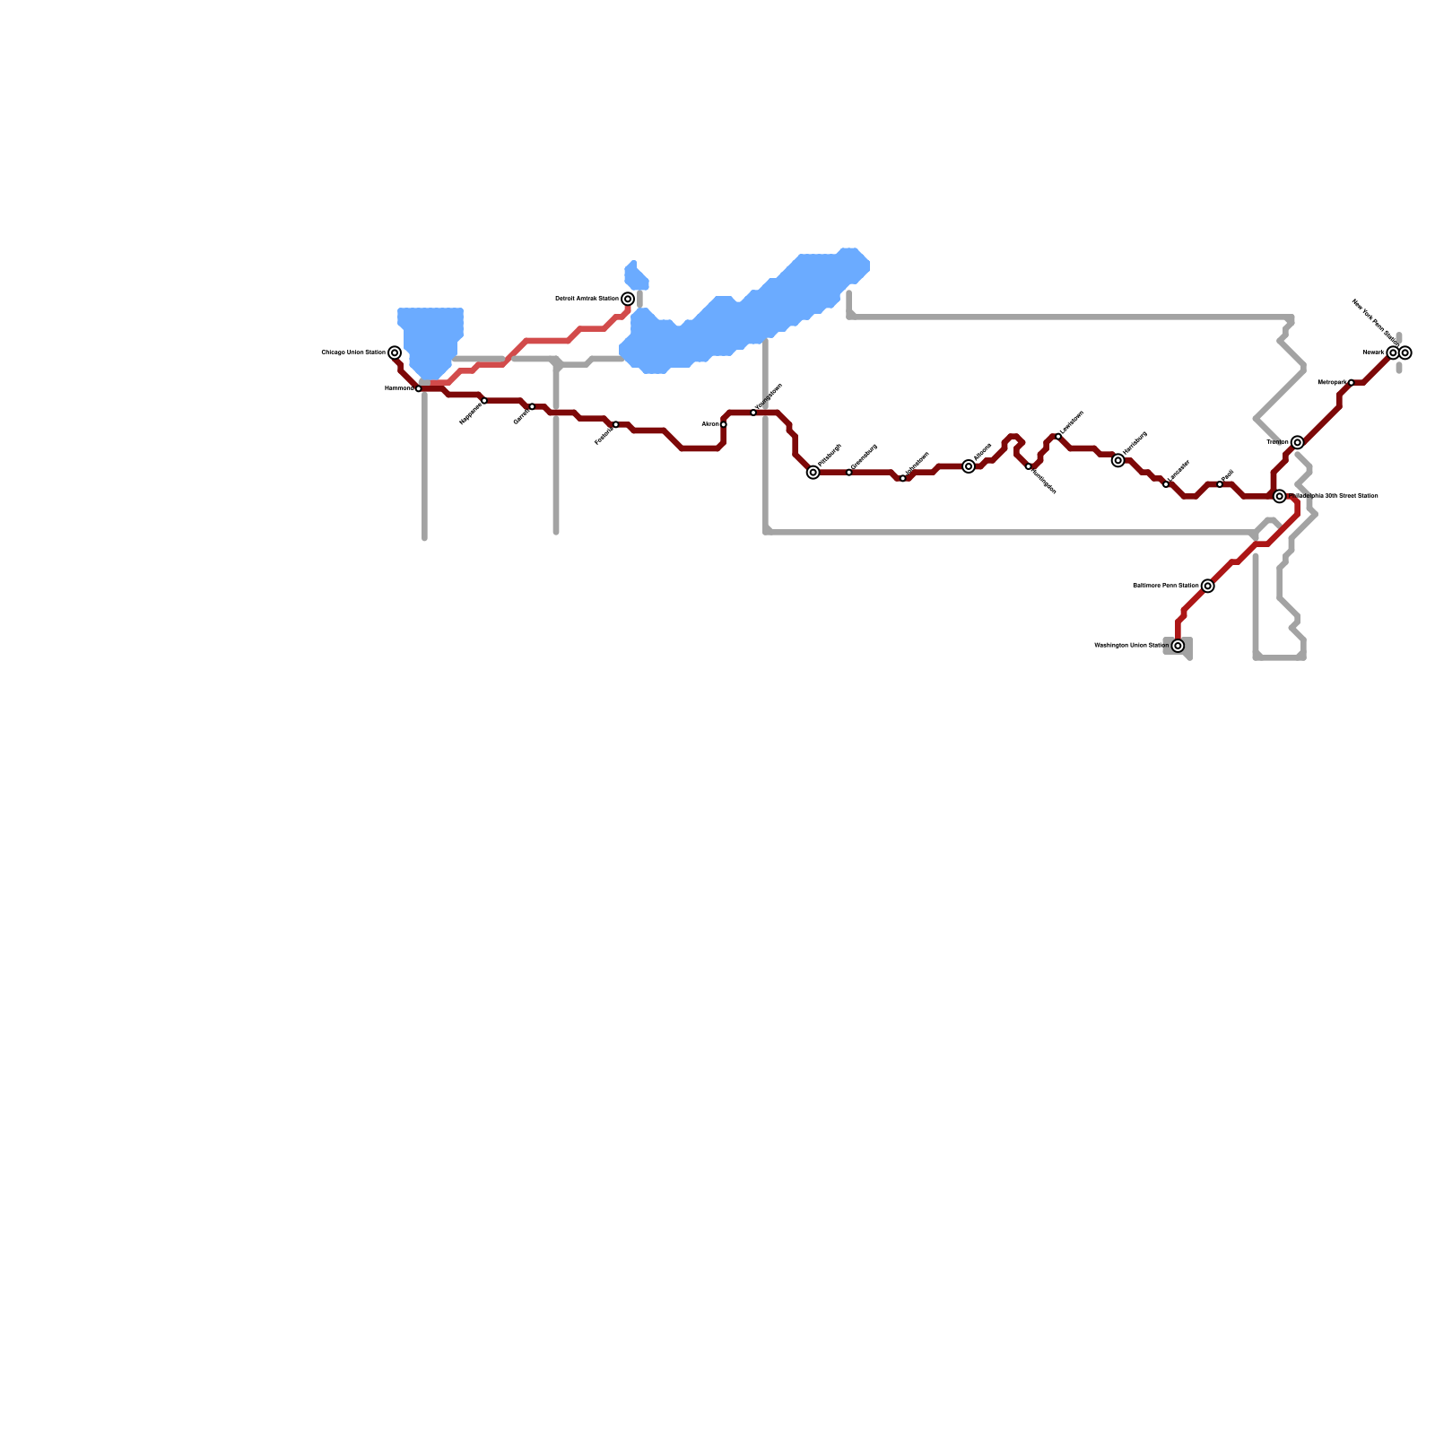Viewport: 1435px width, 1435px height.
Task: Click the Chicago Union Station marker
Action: pos(395,352)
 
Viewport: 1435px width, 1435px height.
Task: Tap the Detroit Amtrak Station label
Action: pos(587,299)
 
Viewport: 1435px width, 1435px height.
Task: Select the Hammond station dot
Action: pos(419,388)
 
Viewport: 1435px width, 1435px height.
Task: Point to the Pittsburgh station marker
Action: pos(813,473)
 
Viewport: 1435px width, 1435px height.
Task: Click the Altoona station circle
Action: pos(969,466)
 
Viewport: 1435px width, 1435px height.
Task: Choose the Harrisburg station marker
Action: pos(1118,460)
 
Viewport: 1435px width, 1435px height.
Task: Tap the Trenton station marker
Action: pos(1298,442)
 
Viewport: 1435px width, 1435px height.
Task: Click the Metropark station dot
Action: pos(1352,383)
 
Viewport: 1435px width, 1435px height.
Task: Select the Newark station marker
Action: pos(1393,352)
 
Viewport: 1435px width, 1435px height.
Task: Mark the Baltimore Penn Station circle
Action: pos(1208,586)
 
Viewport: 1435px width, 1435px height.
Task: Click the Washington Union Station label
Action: pos(1132,646)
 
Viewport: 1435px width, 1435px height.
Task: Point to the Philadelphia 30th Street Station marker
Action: pos(1280,496)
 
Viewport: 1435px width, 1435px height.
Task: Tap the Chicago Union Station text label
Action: pos(353,352)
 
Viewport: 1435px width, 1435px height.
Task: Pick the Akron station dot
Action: pos(724,424)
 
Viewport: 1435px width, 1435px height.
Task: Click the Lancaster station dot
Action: pos(1166,484)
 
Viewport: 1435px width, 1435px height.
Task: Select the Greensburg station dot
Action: pos(849,473)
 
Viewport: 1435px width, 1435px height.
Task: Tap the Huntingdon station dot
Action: pos(1029,466)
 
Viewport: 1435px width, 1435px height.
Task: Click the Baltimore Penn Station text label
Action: pos(1166,586)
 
